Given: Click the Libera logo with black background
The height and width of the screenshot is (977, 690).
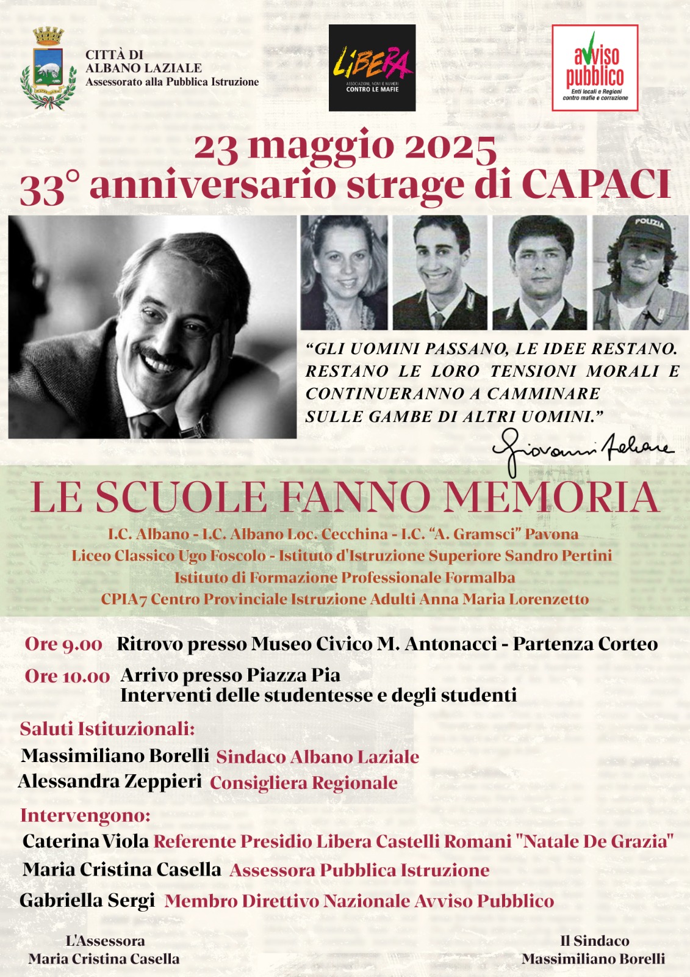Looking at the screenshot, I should [x=372, y=68].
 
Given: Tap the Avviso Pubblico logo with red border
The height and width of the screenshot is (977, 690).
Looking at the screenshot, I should [x=595, y=68].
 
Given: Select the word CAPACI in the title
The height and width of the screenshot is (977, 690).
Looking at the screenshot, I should [x=596, y=184].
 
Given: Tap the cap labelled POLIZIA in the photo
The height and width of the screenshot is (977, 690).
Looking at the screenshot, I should [x=648, y=228].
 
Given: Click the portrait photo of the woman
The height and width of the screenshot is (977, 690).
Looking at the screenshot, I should [x=344, y=273].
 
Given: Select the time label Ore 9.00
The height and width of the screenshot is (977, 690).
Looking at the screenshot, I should [x=63, y=644].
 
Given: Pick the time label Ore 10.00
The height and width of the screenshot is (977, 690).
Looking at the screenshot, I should [x=67, y=676].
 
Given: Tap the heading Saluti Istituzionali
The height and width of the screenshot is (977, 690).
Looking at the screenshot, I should [x=107, y=728].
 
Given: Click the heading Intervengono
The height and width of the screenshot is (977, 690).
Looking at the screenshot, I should [x=85, y=815].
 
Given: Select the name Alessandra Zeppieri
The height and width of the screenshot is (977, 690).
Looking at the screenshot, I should [x=110, y=781].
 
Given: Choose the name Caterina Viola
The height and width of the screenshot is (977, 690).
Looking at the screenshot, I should [x=85, y=841].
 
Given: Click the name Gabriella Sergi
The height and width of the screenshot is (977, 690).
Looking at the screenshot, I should [x=87, y=900].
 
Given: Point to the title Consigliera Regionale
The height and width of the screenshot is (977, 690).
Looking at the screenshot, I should [x=304, y=783].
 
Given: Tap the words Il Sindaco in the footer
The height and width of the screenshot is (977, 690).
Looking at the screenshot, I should [x=594, y=941].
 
